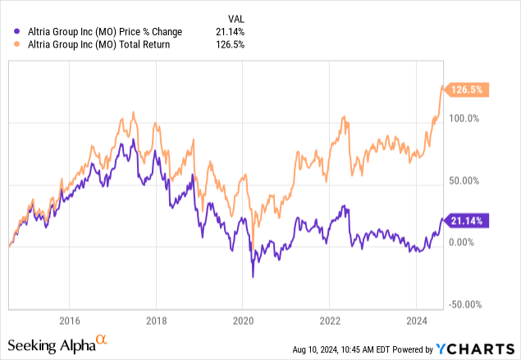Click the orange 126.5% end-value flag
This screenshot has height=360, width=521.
pos(468,90)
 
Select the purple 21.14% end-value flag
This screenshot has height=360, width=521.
pos(468,219)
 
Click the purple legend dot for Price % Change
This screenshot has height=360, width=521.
pos(19,32)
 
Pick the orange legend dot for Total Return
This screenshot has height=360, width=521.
pos(19,44)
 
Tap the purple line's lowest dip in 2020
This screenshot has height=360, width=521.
pos(252,276)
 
